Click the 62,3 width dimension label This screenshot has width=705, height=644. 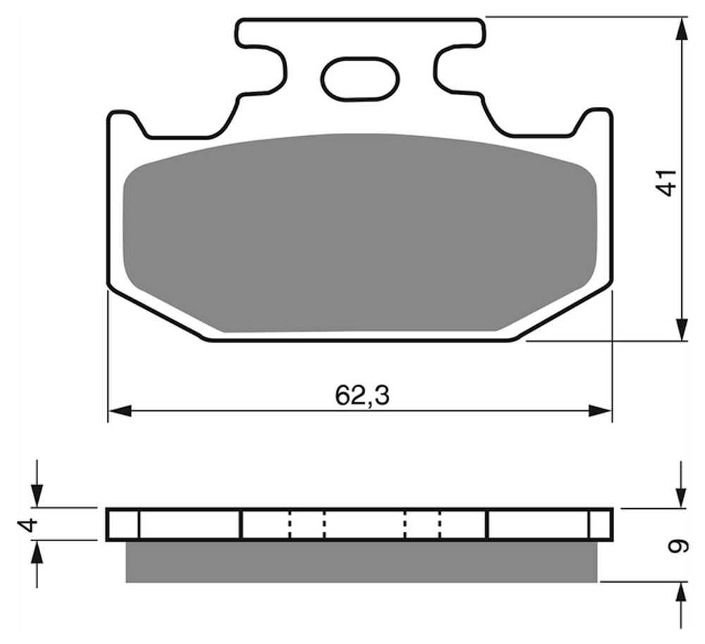[362, 395]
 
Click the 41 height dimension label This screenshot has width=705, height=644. [666, 182]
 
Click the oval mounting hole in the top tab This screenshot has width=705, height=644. [360, 79]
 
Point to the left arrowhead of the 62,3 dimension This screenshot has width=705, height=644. [120, 410]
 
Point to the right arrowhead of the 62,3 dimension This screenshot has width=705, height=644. [600, 410]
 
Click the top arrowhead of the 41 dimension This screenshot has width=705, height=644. [682, 29]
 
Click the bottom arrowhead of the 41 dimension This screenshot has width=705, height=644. [682, 329]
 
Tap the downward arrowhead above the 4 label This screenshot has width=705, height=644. [37, 496]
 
